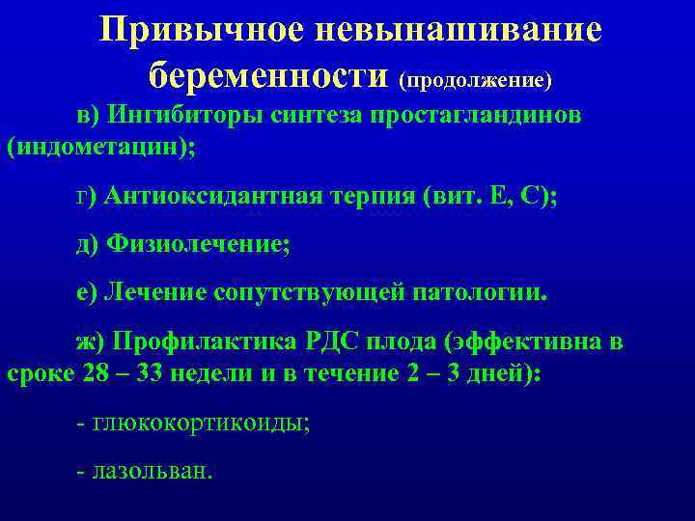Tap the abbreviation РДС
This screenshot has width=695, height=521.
333,342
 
